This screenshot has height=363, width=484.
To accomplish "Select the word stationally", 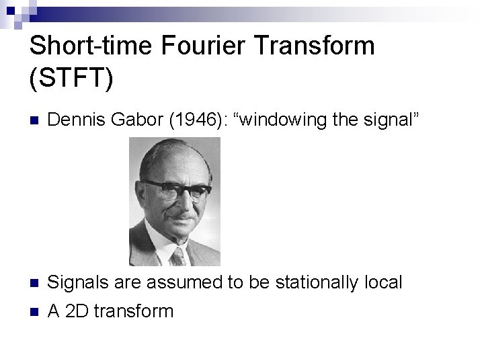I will tap(312, 282).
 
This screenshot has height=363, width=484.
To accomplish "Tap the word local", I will tap(382, 282).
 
